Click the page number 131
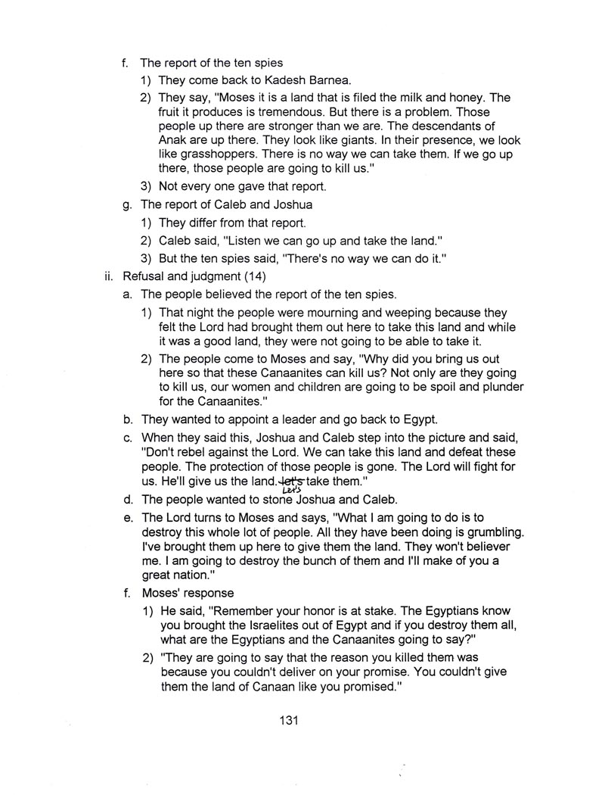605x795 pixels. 290,720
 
